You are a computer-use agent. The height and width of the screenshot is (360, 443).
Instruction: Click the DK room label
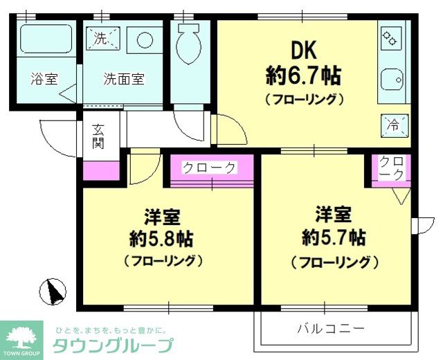pyautogui.click(x=304, y=49)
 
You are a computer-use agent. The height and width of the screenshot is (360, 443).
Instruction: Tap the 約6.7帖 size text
pyautogui.click(x=304, y=73)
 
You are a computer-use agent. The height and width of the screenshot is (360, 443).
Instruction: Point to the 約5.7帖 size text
pyautogui.click(x=334, y=237)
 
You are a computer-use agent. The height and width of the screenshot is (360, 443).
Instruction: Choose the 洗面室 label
pyautogui.click(x=124, y=78)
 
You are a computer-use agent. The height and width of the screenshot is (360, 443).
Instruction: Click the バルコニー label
pyautogui.click(x=331, y=327)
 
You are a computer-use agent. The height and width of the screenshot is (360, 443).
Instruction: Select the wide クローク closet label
pyautogui.click(x=210, y=168)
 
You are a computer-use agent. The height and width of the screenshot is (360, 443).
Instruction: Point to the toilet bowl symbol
pyautogui.click(x=188, y=46)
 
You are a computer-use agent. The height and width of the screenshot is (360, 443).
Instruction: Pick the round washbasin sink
pyautogui.click(x=145, y=39)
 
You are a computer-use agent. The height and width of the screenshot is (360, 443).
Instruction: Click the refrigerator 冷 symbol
pyautogui.click(x=393, y=125)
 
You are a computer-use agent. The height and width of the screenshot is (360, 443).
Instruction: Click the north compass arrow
pyautogui.click(x=54, y=292)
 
